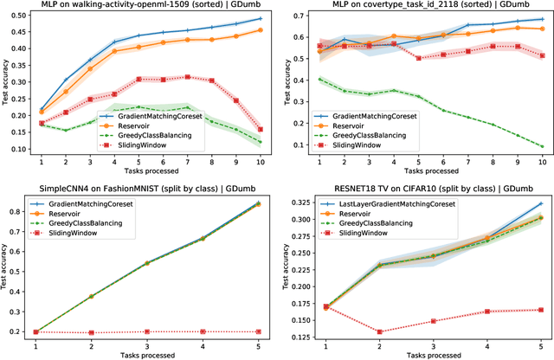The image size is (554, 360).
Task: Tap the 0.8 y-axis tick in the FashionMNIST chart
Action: click(x=18, y=211)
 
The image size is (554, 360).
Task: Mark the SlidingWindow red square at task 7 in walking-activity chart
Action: click(x=188, y=77)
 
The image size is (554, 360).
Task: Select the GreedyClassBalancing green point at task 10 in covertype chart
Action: click(x=542, y=146)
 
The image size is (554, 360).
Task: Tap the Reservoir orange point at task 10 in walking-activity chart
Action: click(x=261, y=30)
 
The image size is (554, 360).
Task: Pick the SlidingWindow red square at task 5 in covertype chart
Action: click(x=442, y=59)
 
